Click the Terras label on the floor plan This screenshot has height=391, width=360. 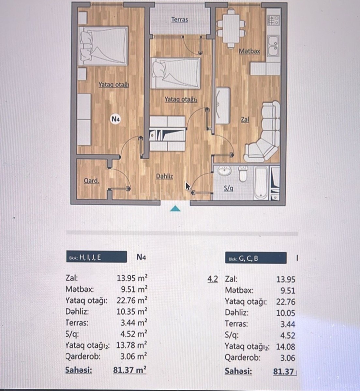coord(180,20)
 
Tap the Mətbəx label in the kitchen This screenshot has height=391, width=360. coord(249,51)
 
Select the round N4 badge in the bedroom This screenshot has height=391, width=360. coord(115,119)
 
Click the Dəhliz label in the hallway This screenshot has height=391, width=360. coord(164,176)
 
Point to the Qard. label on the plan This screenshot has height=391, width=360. coord(92,181)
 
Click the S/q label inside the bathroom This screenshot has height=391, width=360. coord(229,188)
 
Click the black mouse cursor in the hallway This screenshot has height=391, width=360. coord(188,186)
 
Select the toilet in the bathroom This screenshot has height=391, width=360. coord(243,174)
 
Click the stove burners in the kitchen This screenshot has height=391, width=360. coord(274,20)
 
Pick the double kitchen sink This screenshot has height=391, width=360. coord(273,45)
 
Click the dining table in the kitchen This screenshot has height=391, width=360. coord(231,29)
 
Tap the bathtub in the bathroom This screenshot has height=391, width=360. coord(261,183)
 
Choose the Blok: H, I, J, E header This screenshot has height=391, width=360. coord(97,257)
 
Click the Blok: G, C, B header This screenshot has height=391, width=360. coord(256,258)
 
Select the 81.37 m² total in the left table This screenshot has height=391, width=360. coord(130,370)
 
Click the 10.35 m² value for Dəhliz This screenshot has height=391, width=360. coord(132,311)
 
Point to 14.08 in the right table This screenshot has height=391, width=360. coord(285,347)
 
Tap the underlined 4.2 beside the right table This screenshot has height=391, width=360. coord(213,279)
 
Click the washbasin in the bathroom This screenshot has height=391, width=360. coord(224,171)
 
